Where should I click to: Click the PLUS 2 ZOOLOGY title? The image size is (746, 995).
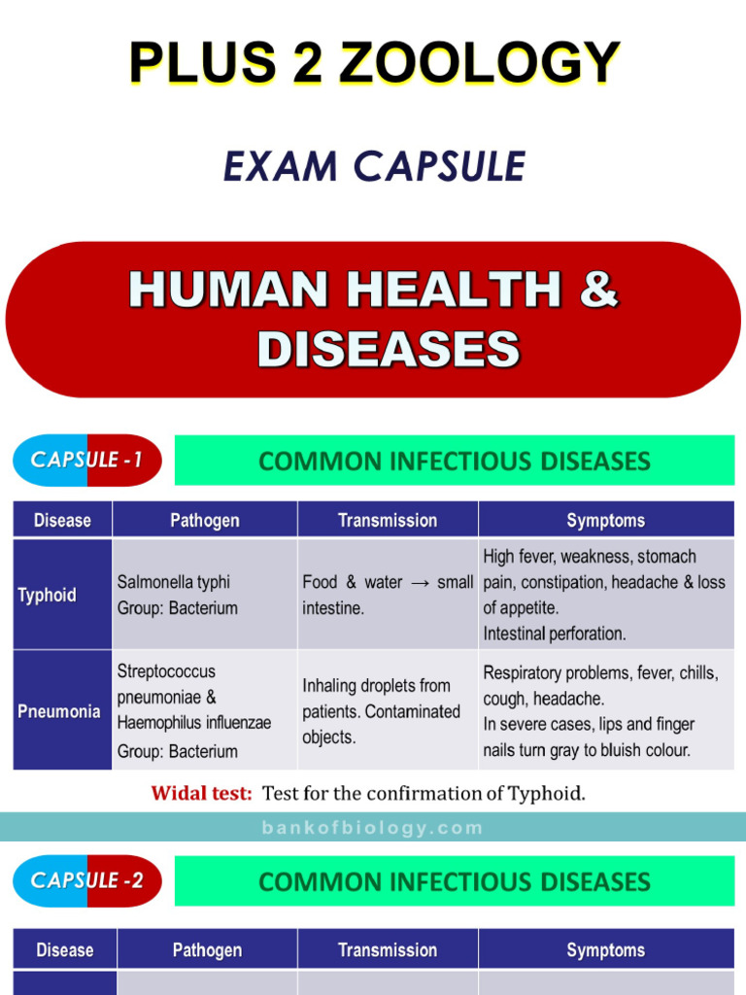pyautogui.click(x=374, y=63)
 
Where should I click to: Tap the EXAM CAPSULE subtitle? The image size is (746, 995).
pyautogui.click(x=374, y=167)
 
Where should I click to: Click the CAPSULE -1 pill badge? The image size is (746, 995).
pyautogui.click(x=87, y=460)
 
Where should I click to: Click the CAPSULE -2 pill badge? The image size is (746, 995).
pyautogui.click(x=87, y=881)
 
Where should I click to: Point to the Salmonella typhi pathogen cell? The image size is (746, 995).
pyautogui.click(x=204, y=595)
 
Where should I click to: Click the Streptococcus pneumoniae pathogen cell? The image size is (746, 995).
pyautogui.click(x=204, y=710)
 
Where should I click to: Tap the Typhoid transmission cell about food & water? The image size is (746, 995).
pyautogui.click(x=388, y=595)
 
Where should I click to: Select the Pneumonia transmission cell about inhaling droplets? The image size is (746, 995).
pyautogui.click(x=388, y=710)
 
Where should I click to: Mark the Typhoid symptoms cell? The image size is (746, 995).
pyautogui.click(x=604, y=595)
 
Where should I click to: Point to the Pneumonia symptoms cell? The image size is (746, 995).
pyautogui.click(x=604, y=710)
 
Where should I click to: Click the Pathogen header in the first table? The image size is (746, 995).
pyautogui.click(x=205, y=521)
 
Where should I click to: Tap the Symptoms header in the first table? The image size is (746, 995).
pyautogui.click(x=606, y=521)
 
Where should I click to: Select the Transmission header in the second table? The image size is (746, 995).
pyautogui.click(x=388, y=950)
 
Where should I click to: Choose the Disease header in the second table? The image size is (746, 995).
pyautogui.click(x=65, y=950)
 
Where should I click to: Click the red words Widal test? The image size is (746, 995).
pyautogui.click(x=202, y=793)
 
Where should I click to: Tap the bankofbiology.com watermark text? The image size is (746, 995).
pyautogui.click(x=373, y=828)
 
